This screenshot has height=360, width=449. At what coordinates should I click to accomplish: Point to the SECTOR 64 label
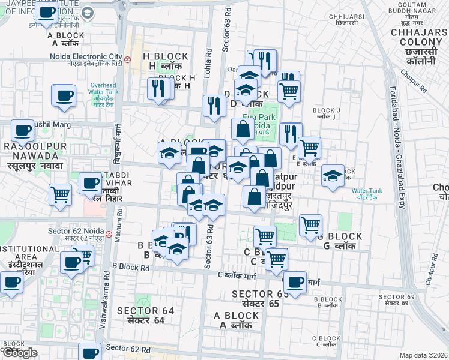click(145, 314)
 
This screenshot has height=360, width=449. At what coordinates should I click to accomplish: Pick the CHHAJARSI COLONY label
click(421, 42)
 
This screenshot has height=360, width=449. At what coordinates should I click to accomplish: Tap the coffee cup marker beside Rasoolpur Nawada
click(23, 130)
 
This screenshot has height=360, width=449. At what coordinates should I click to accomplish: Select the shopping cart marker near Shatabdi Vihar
click(61, 195)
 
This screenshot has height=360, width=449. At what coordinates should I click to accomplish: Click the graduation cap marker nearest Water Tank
click(333, 175)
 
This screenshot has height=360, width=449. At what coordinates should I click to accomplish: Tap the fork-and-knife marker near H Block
click(158, 89)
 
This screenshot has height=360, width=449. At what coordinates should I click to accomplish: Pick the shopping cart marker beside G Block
click(310, 226)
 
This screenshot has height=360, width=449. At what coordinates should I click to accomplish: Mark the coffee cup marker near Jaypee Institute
click(46, 12)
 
